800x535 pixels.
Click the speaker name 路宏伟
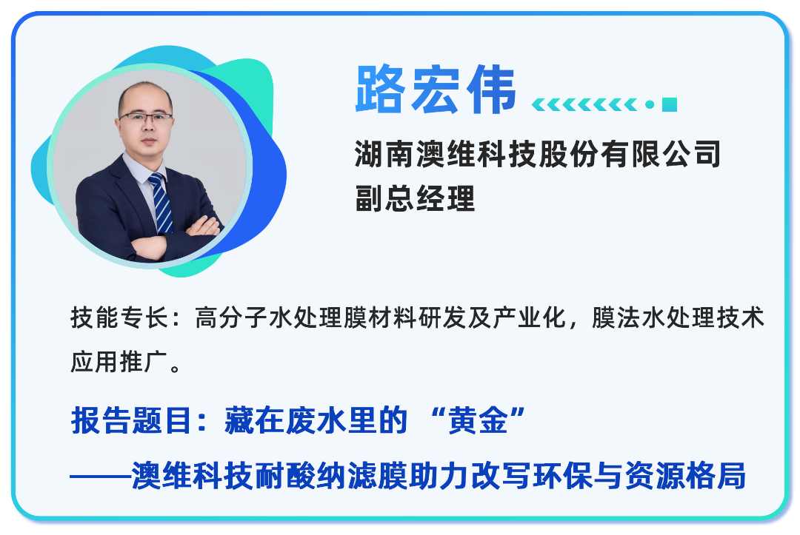click(x=436, y=90)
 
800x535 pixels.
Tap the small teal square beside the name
click(x=670, y=104)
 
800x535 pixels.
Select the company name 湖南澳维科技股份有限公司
click(x=538, y=155)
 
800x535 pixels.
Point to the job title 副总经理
click(x=415, y=198)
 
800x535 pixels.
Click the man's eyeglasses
click(x=146, y=117)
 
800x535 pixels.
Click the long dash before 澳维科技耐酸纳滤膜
click(x=100, y=476)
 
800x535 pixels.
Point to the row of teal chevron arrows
click(x=584, y=104)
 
